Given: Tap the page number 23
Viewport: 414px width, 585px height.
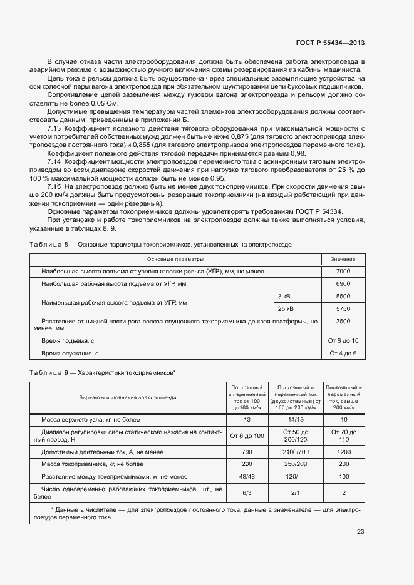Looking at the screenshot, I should point(360,532).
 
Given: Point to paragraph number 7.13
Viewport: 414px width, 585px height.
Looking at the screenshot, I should point(54,128).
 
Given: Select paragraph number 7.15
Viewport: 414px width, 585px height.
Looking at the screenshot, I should point(54,187).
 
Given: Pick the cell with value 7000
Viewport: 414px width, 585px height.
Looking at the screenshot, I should point(343,272).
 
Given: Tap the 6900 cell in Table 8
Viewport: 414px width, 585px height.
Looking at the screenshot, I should point(343,284).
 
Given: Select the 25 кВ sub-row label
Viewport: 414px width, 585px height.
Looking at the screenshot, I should point(286,309).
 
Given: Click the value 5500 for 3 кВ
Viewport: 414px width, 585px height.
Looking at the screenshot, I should point(343,296).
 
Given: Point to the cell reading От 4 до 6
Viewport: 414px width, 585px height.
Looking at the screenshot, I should point(343,354).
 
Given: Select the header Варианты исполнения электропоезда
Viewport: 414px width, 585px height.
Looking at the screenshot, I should point(127,397).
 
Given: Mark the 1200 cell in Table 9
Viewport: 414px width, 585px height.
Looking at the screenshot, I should point(344,451).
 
